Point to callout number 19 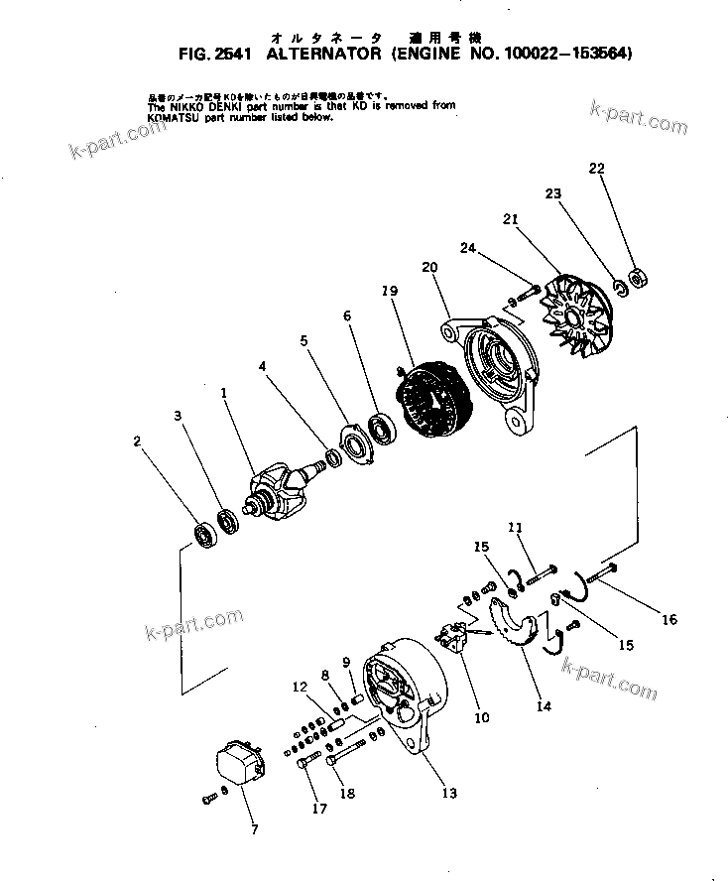coord(389,291)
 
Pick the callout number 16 coord(669,620)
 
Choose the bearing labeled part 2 coord(205,533)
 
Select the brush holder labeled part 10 coord(457,636)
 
